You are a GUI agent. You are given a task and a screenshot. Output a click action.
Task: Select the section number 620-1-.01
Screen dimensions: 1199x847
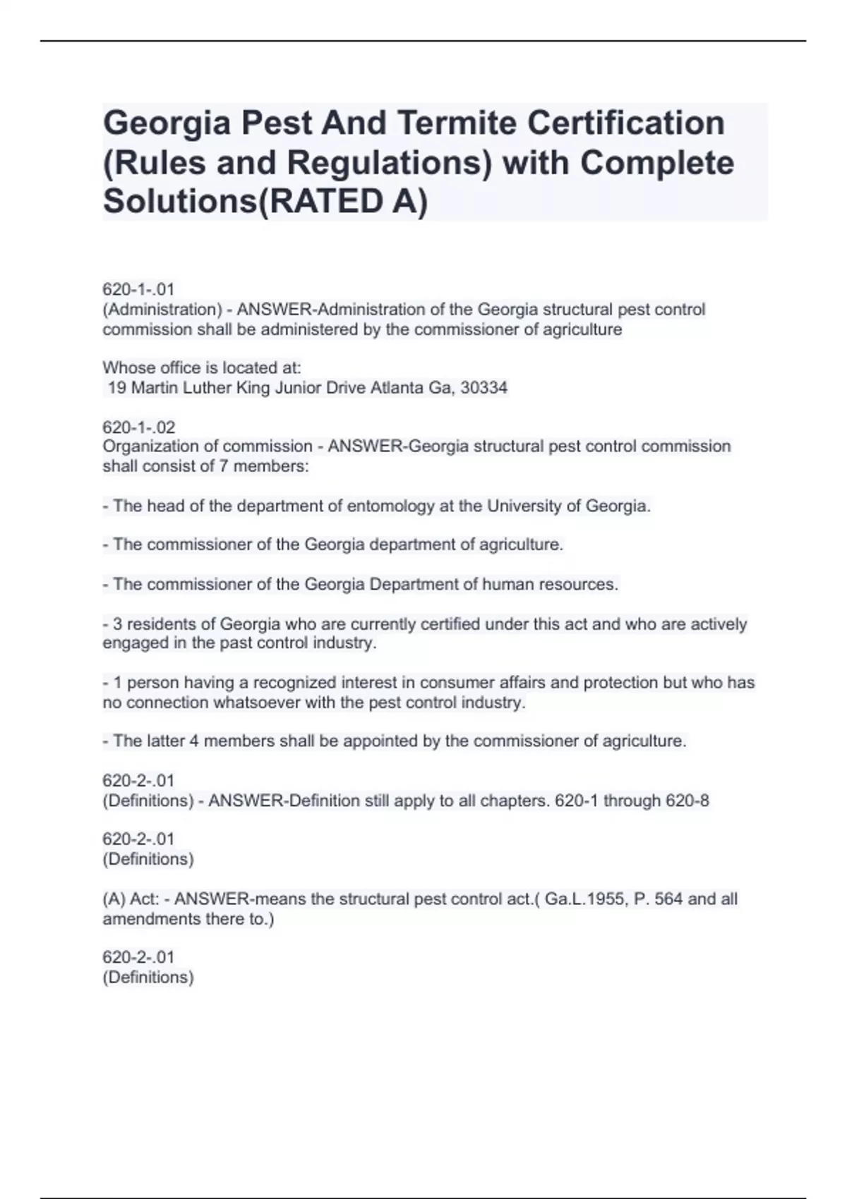[138, 290]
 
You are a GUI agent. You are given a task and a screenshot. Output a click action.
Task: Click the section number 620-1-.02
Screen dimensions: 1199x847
[138, 427]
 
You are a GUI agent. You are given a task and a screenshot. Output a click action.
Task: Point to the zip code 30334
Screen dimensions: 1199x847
[483, 388]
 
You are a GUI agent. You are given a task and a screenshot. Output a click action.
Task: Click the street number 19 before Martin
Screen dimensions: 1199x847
[117, 388]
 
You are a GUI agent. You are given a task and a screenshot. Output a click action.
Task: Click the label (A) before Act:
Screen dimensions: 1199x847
[114, 899]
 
